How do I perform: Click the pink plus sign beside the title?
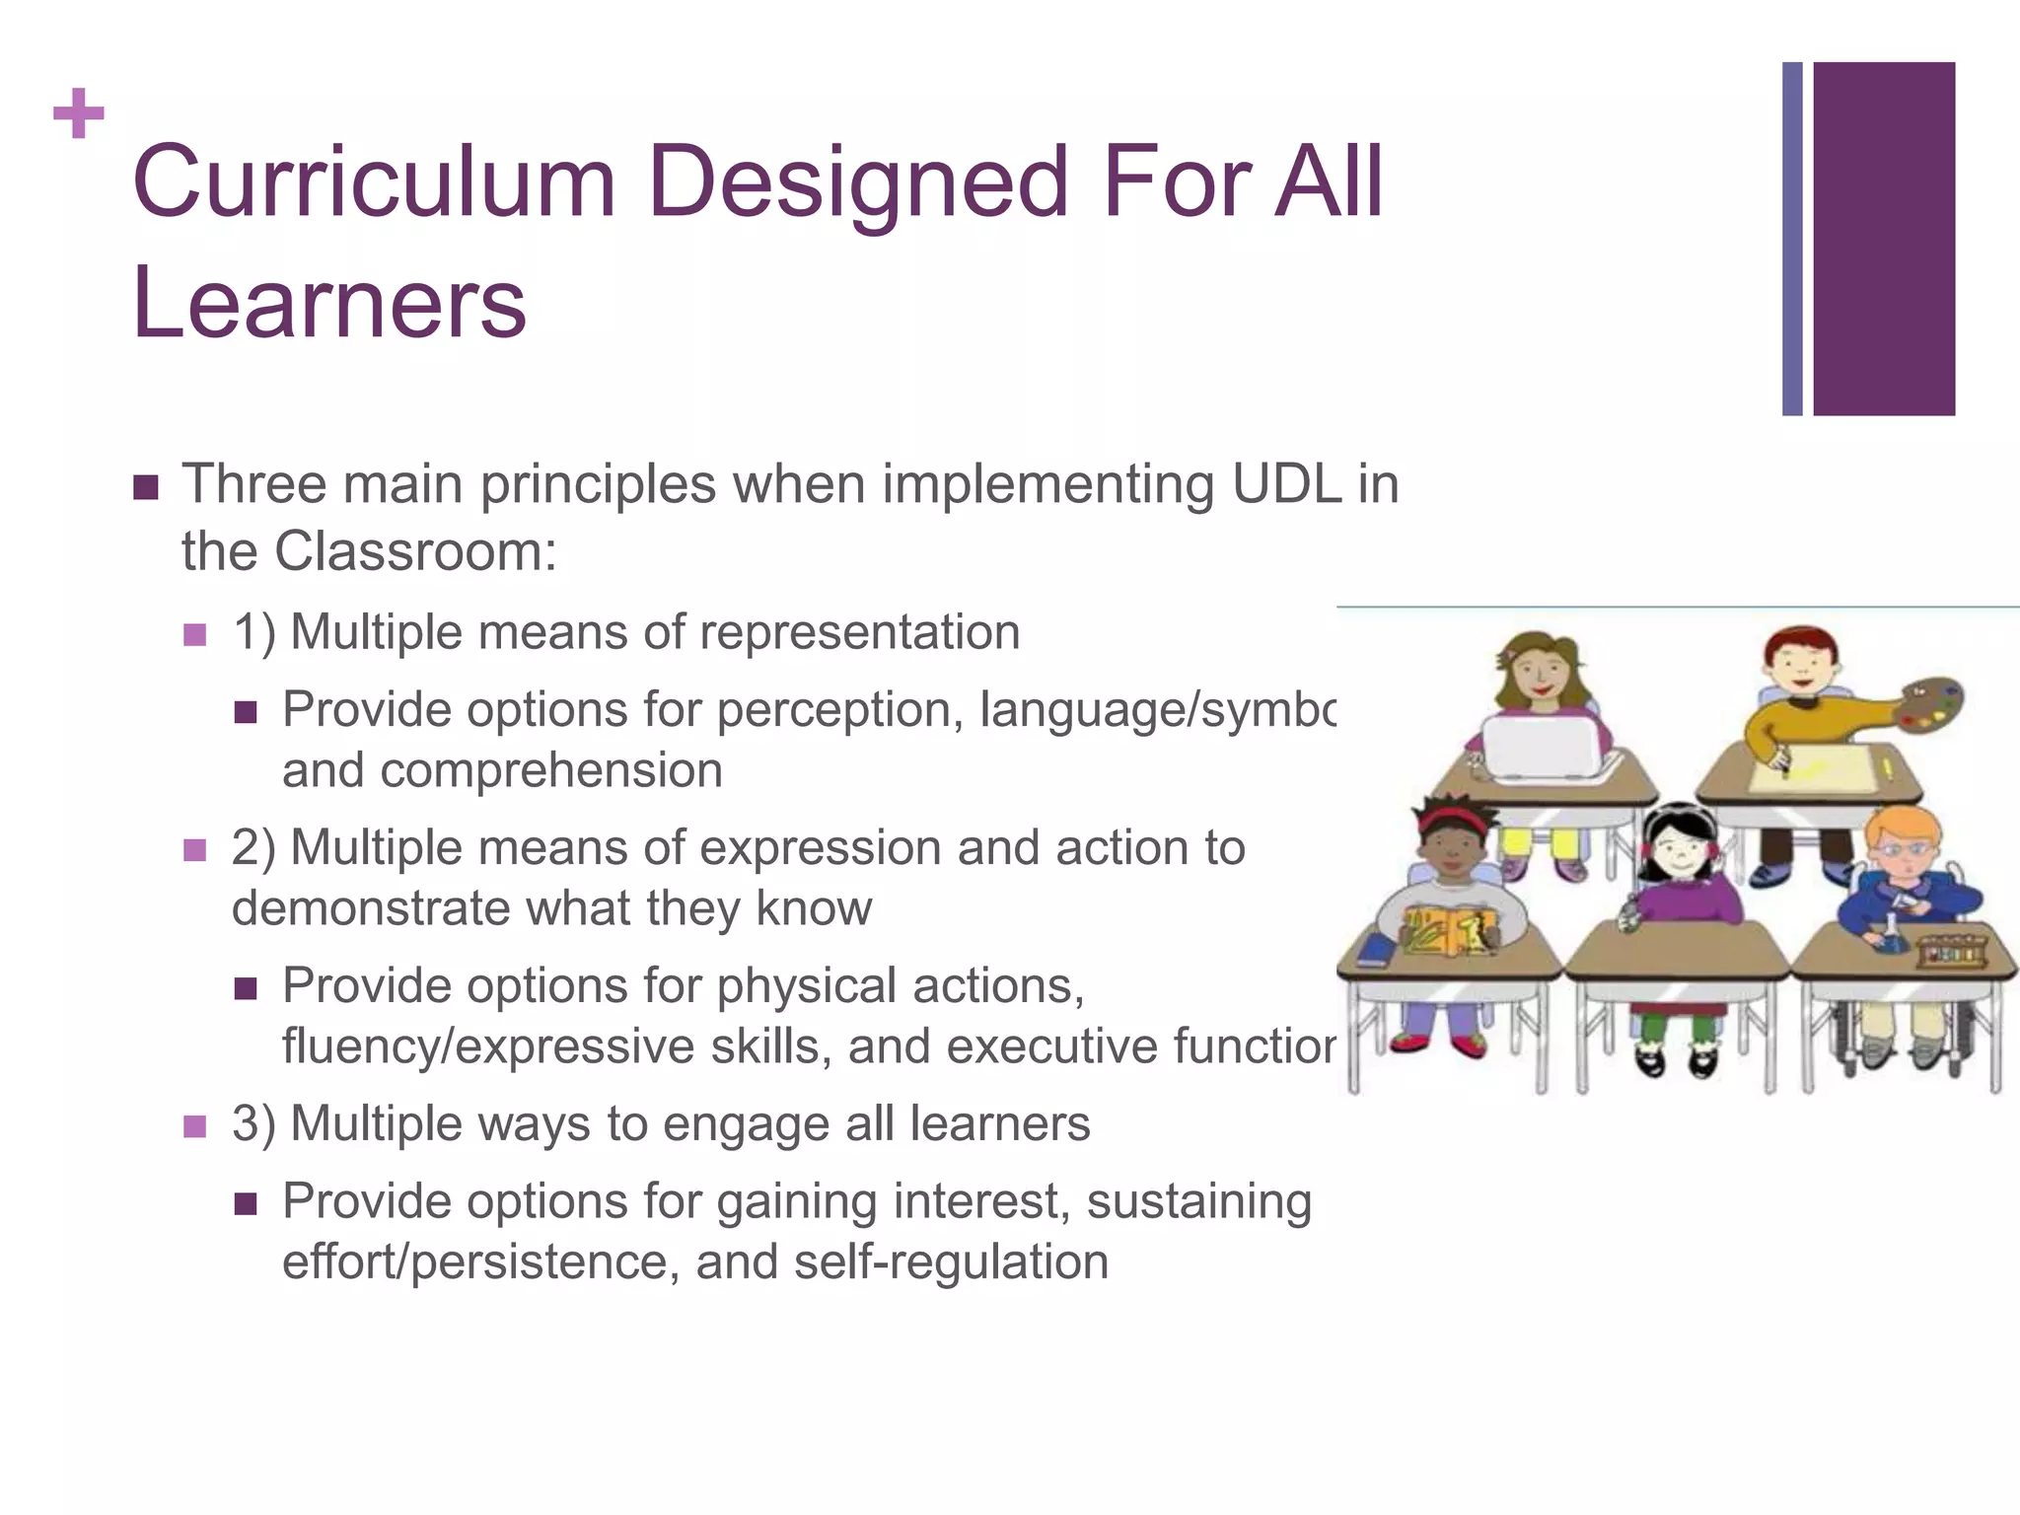[79, 113]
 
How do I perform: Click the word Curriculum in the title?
[374, 182]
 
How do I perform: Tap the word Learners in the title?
[329, 303]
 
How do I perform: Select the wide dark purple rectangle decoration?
[1883, 239]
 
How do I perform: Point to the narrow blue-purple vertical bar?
[1792, 239]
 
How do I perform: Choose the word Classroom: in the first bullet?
[415, 551]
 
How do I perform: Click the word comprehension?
[551, 770]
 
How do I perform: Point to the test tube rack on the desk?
[1951, 952]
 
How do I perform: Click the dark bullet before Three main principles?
[146, 487]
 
